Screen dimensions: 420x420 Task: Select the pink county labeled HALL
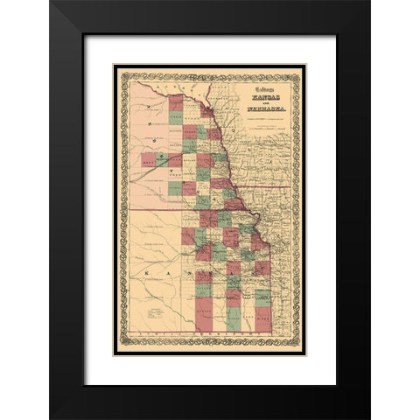[148, 160]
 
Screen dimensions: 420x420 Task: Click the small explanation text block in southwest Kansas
[156, 310]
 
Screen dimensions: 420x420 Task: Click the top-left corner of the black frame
[52, 3]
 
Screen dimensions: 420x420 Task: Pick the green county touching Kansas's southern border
[234, 318]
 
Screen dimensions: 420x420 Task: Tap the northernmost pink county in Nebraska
[176, 100]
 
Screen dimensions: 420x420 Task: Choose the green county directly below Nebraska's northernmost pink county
[176, 116]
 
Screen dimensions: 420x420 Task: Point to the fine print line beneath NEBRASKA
[260, 111]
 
